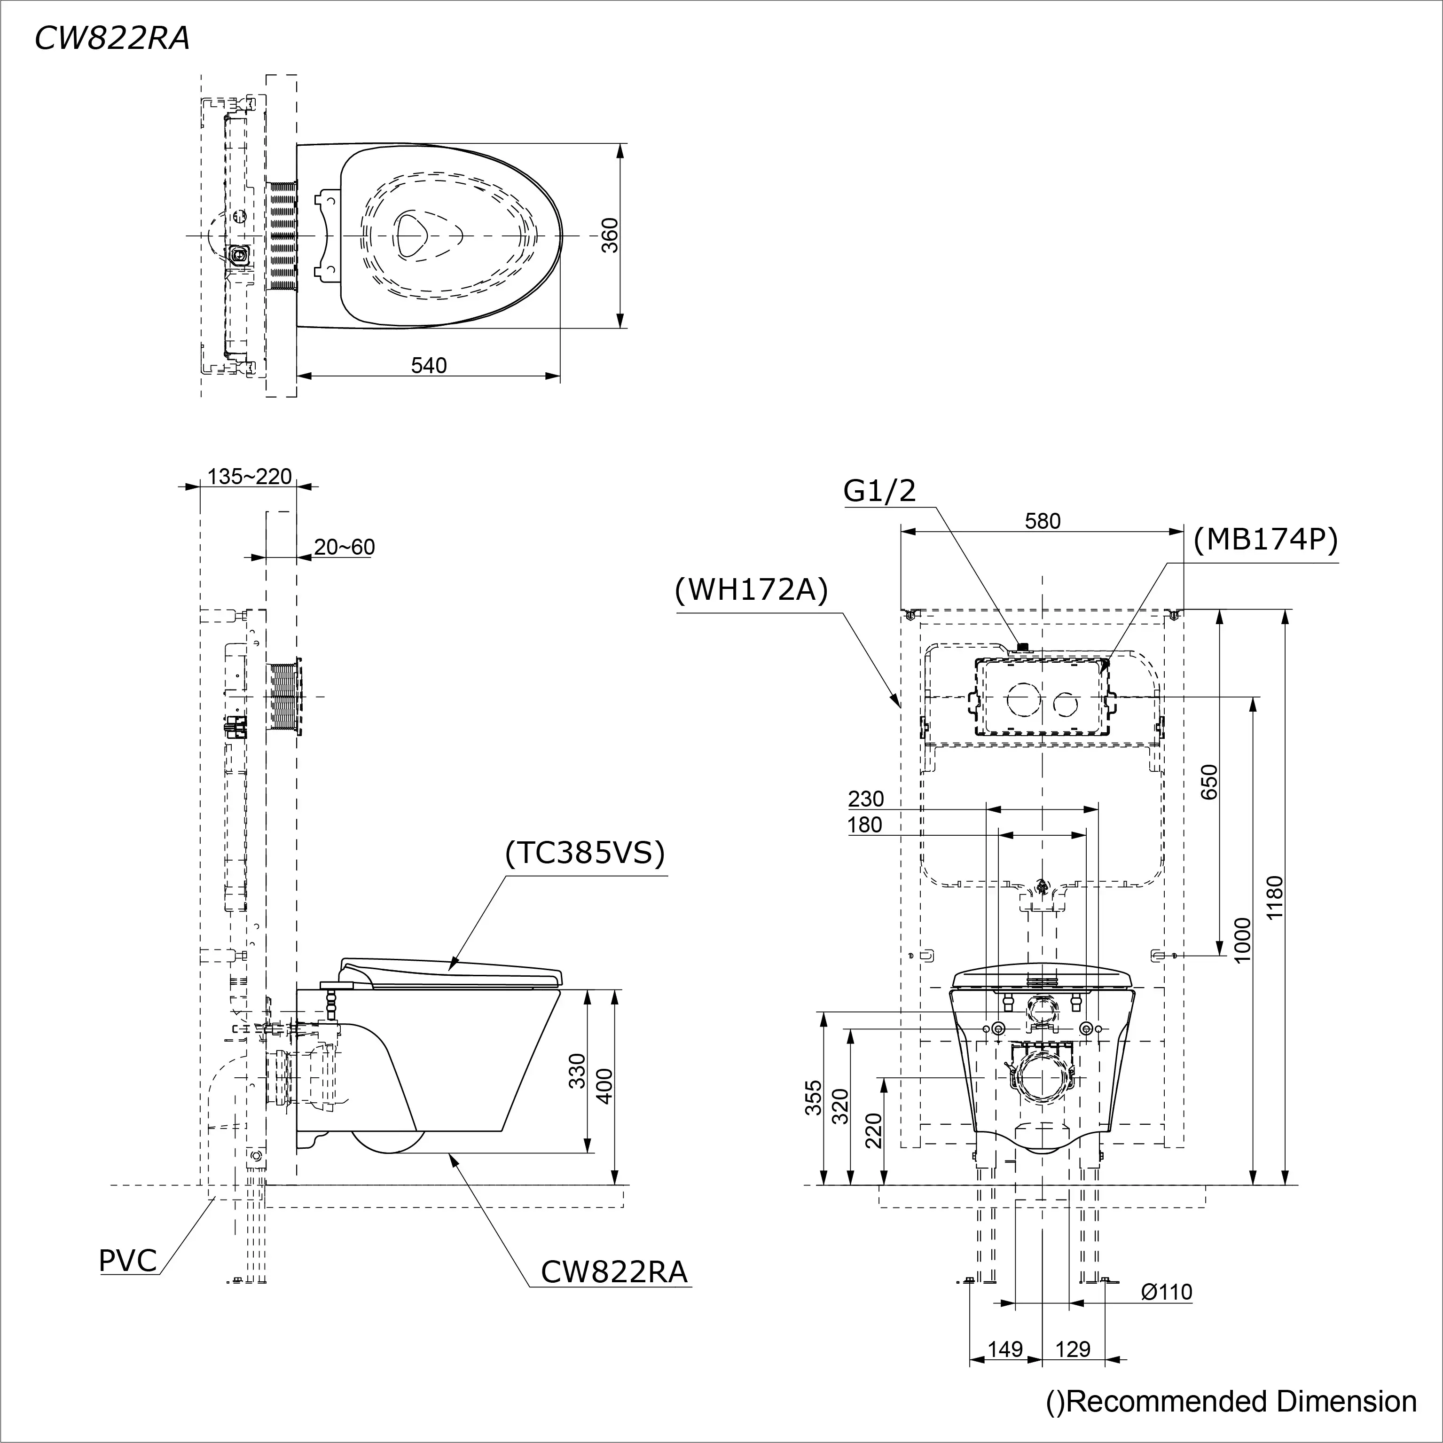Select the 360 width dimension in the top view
coord(610,235)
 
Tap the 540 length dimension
coord(429,365)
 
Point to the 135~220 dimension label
coord(249,477)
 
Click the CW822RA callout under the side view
coord(613,1271)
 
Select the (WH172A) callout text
coord(752,590)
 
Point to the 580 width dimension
coord(1042,521)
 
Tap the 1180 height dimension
coord(1275,897)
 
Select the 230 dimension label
coord(866,799)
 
